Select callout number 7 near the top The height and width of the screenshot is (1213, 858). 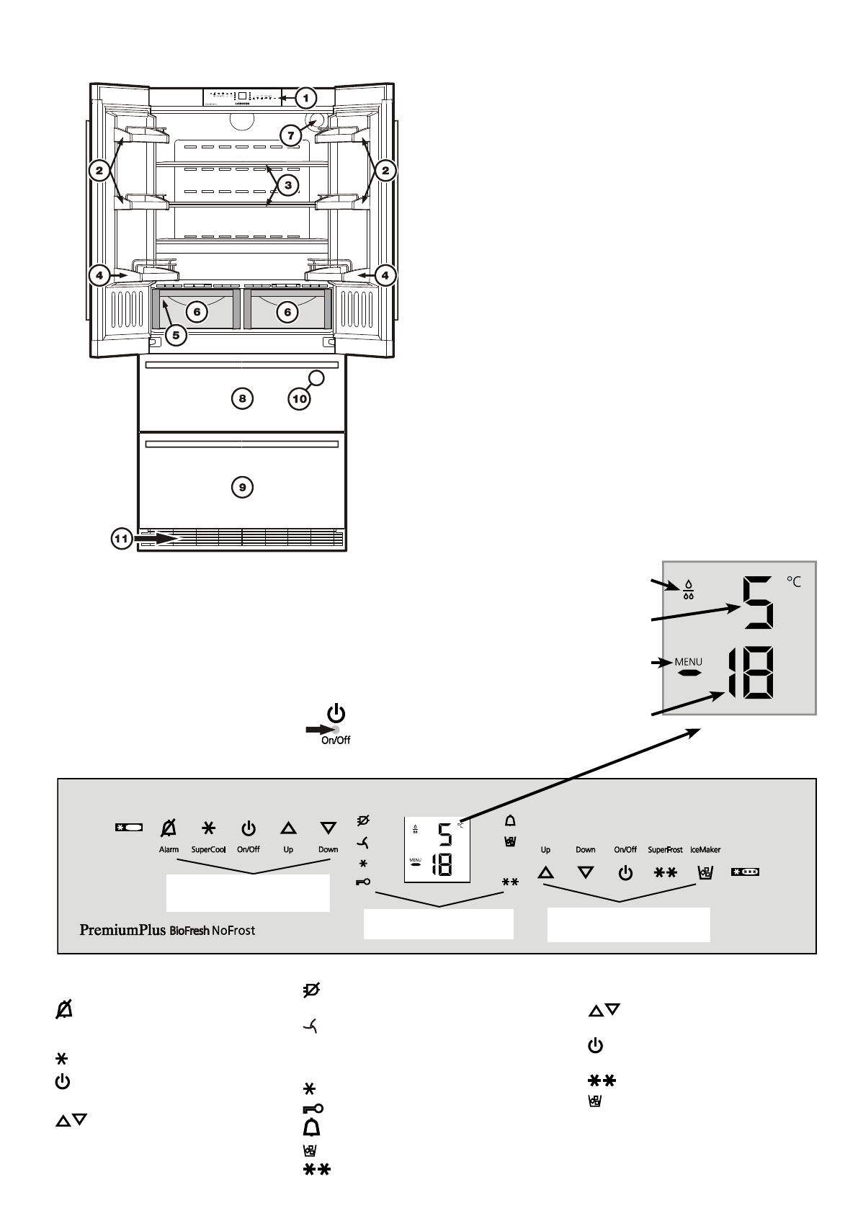coord(291,134)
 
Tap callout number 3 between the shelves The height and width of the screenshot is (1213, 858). coord(287,185)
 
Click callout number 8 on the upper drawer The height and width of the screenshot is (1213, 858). coord(243,398)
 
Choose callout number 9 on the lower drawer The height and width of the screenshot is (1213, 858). coord(243,488)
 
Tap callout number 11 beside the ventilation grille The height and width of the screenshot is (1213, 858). coord(122,538)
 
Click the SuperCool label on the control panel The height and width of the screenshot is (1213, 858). coord(208,850)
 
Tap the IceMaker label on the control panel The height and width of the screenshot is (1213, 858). coord(705,850)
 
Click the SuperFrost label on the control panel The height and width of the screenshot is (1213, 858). coord(665,850)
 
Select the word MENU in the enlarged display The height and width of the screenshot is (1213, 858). coord(688,662)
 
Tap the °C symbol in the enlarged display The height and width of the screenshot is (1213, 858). coord(793,582)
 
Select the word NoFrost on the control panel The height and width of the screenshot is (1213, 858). coord(233,930)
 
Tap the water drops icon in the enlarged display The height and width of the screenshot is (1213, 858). coord(689,590)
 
